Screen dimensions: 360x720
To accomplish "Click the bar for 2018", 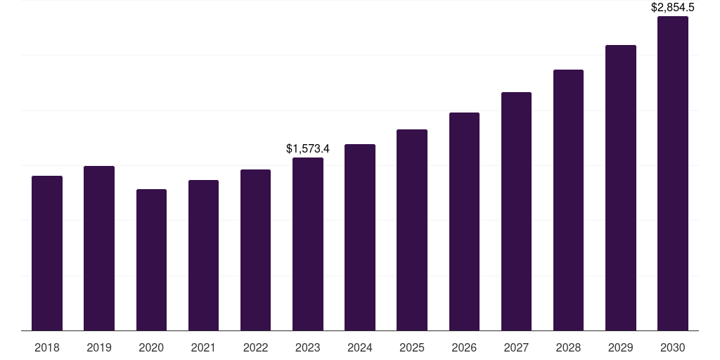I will point(47,253).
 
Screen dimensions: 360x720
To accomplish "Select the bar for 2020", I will point(151,260).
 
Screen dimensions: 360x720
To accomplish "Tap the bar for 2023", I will point(308,244).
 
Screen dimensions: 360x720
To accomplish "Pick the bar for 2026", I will point(464,221).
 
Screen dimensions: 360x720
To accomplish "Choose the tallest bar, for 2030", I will point(673,174).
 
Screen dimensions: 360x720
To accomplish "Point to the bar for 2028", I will point(568,200).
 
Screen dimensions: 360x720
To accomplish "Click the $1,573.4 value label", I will point(308,149).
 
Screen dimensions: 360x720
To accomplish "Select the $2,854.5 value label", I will point(673,8).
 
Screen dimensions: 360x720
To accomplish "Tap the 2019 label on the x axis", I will point(99,347).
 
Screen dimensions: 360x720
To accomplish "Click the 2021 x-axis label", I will point(203,347).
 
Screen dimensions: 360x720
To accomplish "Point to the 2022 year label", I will point(255,347).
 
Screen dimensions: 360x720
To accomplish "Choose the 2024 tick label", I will point(360,347).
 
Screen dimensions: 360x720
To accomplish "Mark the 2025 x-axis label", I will point(412,347).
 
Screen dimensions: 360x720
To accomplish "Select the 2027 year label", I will point(516,347).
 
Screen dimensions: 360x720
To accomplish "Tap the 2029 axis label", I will point(621,347).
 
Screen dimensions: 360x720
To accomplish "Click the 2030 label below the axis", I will point(673,347).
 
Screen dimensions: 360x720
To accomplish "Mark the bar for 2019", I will point(99,248).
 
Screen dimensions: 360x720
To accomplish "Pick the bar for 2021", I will point(203,255).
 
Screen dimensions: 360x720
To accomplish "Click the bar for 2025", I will point(412,230).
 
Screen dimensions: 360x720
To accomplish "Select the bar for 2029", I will point(621,188).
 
